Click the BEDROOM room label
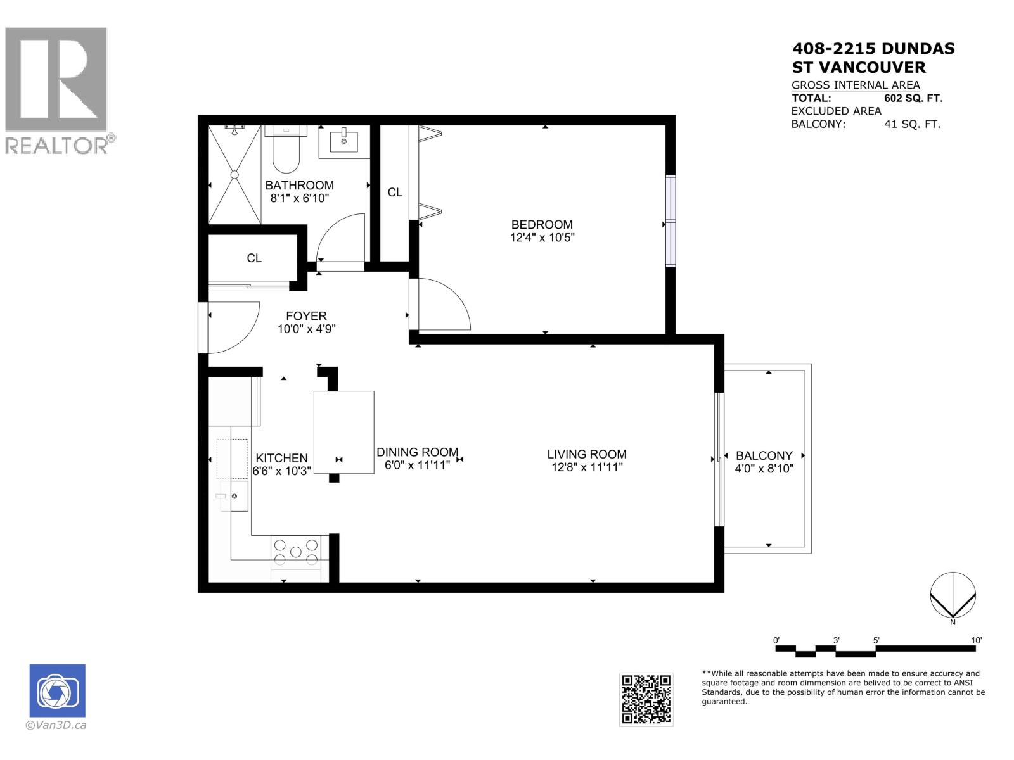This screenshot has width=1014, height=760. pos(542,224)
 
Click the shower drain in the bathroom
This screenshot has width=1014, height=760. pos(234,174)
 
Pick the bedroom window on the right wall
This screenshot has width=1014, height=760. pos(671,220)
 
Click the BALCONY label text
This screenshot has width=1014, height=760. pos(764,455)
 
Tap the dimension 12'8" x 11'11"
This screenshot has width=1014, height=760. pos(587,467)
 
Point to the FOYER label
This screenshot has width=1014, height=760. pos(306,315)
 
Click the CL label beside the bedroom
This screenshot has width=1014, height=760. pos(395,192)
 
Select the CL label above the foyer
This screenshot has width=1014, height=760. pos(254,258)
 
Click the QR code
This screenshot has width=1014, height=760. pos(646,699)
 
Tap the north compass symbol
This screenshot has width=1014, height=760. pos(953,595)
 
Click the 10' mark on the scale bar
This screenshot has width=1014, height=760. pos(976,641)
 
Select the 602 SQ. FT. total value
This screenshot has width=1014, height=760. pos(913,98)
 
